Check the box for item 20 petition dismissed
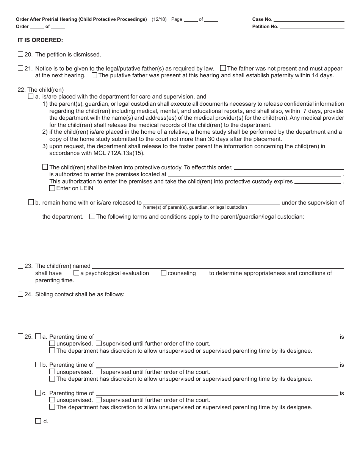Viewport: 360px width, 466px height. pos(20,54)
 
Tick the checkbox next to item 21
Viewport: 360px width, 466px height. pos(20,68)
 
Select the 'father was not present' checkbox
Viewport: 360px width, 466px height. pos(223,68)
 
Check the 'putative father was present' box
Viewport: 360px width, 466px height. pos(94,75)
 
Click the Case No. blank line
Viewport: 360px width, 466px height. pos(309,19)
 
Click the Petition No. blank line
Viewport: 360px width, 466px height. pos(312,27)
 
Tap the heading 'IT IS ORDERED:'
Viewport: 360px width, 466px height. pos(40,40)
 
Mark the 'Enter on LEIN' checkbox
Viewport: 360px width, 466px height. pos(52,188)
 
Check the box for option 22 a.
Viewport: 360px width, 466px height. pos(31,97)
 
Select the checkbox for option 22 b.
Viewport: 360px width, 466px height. pos(31,202)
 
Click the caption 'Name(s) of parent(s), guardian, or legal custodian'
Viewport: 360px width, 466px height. pos(195,207)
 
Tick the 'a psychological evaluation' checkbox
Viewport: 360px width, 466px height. pos(76,273)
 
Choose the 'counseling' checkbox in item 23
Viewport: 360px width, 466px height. pos(164,273)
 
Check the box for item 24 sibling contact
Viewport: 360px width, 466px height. pos(20,294)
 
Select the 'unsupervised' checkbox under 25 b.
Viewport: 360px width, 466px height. pos(52,372)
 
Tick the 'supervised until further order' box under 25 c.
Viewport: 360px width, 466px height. pos(99,400)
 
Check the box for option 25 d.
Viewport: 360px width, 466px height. pos(38,421)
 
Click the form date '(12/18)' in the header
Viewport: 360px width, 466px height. pos(159,19)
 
